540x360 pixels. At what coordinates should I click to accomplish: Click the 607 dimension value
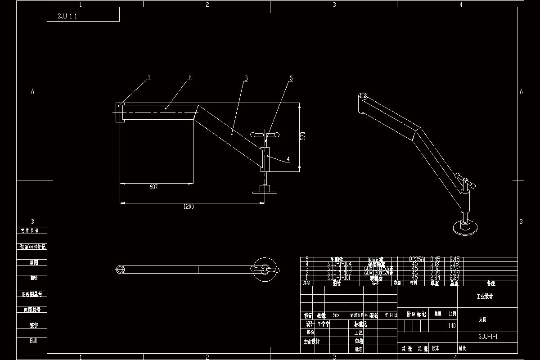[153, 186]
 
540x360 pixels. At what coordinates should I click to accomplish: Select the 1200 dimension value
[188, 207]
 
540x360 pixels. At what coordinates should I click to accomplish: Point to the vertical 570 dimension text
[303, 136]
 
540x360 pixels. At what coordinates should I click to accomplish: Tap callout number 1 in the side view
[149, 77]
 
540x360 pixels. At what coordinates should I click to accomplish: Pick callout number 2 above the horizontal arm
[190, 77]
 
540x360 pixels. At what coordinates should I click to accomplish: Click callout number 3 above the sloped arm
[246, 78]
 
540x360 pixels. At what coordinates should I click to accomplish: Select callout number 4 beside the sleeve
[288, 159]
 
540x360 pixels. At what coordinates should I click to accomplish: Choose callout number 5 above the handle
[291, 78]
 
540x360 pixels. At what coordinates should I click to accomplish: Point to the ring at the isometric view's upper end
[362, 96]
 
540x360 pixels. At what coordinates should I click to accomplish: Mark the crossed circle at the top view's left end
[120, 269]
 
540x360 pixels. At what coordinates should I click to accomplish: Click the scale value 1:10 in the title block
[452, 325]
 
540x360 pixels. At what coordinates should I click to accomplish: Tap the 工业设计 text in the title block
[485, 297]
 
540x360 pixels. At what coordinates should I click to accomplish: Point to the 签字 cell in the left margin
[33, 324]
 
